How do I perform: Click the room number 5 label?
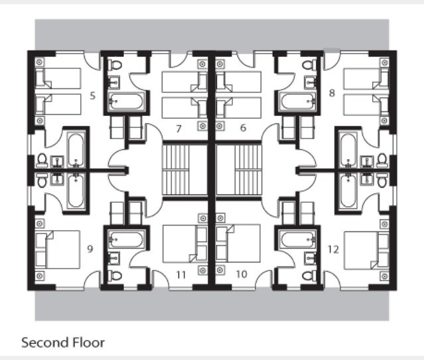(x=93, y=95)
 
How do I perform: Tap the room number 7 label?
(x=178, y=129)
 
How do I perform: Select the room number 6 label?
(x=243, y=127)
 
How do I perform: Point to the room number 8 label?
(x=332, y=93)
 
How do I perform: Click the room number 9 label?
(x=90, y=249)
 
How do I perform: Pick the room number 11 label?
(x=181, y=275)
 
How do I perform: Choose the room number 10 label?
(x=242, y=274)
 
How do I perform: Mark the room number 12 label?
(x=333, y=249)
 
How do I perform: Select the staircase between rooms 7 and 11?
(x=176, y=170)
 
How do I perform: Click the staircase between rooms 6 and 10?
(x=248, y=170)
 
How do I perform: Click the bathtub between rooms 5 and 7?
(x=125, y=101)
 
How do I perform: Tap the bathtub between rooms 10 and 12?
(x=299, y=239)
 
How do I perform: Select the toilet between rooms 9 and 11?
(x=115, y=276)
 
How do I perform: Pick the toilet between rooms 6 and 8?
(x=309, y=65)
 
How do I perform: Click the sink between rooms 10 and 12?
(x=310, y=259)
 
